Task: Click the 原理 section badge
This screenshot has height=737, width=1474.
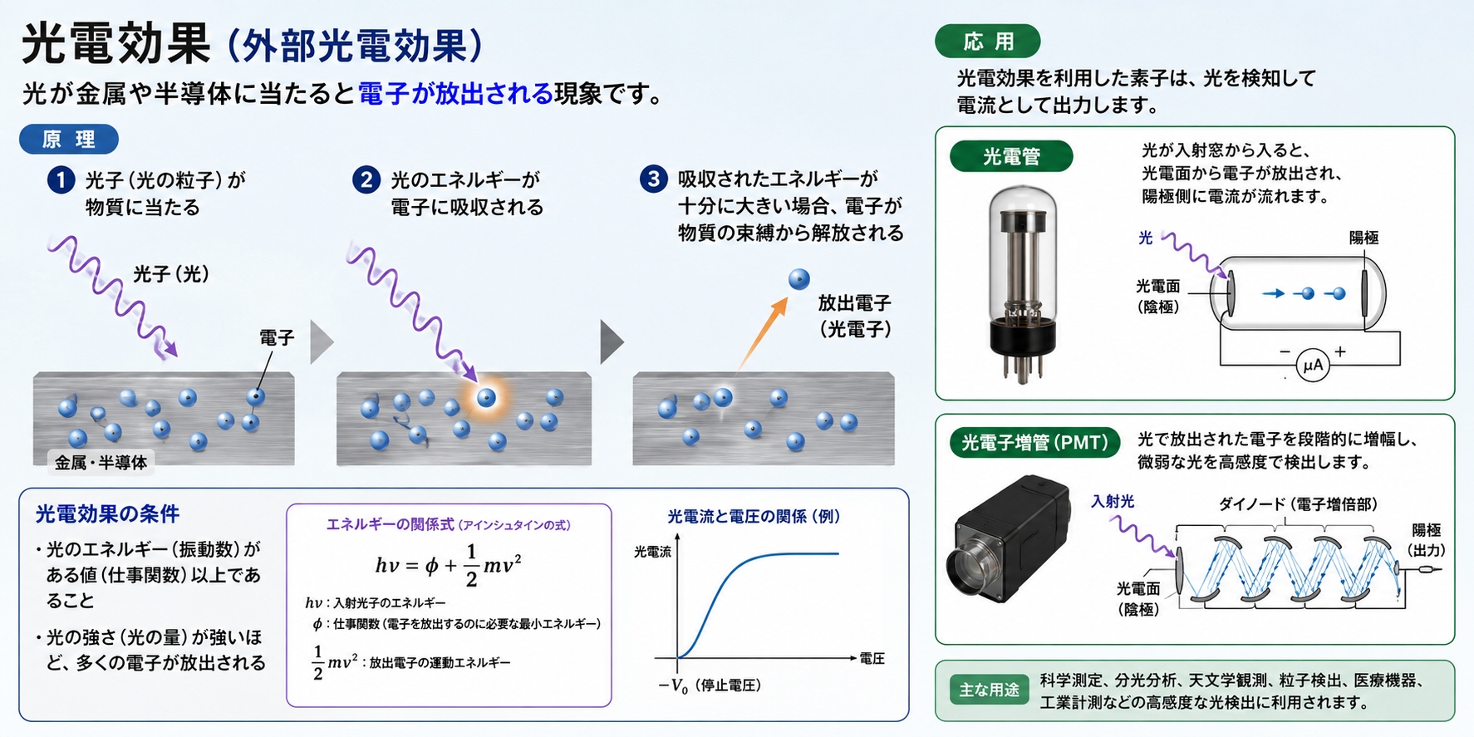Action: coord(69,140)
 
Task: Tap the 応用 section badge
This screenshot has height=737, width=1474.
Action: coord(988,42)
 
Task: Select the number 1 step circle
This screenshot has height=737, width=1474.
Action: coord(61,179)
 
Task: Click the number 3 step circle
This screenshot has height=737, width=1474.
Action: coord(653,179)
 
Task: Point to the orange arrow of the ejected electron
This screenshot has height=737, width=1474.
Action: coord(762,333)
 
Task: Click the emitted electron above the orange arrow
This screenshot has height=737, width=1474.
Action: coord(798,279)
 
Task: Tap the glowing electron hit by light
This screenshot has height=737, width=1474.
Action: coord(486,397)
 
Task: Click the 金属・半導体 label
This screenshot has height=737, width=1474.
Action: coord(101,463)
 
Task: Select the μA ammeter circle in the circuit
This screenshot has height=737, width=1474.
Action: coord(1313,365)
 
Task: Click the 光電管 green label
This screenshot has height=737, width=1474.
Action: coord(1011,156)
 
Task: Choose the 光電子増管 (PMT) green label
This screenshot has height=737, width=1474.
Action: coord(1034,443)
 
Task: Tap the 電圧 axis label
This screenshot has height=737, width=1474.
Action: coord(872,659)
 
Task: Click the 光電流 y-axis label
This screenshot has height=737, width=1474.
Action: coord(652,552)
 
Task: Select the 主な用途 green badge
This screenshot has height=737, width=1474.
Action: coord(989,690)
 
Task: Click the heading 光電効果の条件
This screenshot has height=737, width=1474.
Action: coord(107,514)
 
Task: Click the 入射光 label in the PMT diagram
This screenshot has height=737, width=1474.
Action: coord(1113,502)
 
